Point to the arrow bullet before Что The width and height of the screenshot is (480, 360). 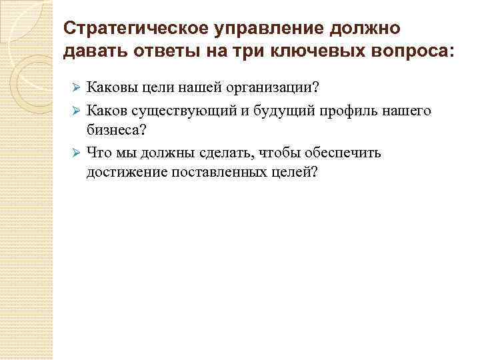click(76, 154)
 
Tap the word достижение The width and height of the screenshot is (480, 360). click(122, 173)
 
